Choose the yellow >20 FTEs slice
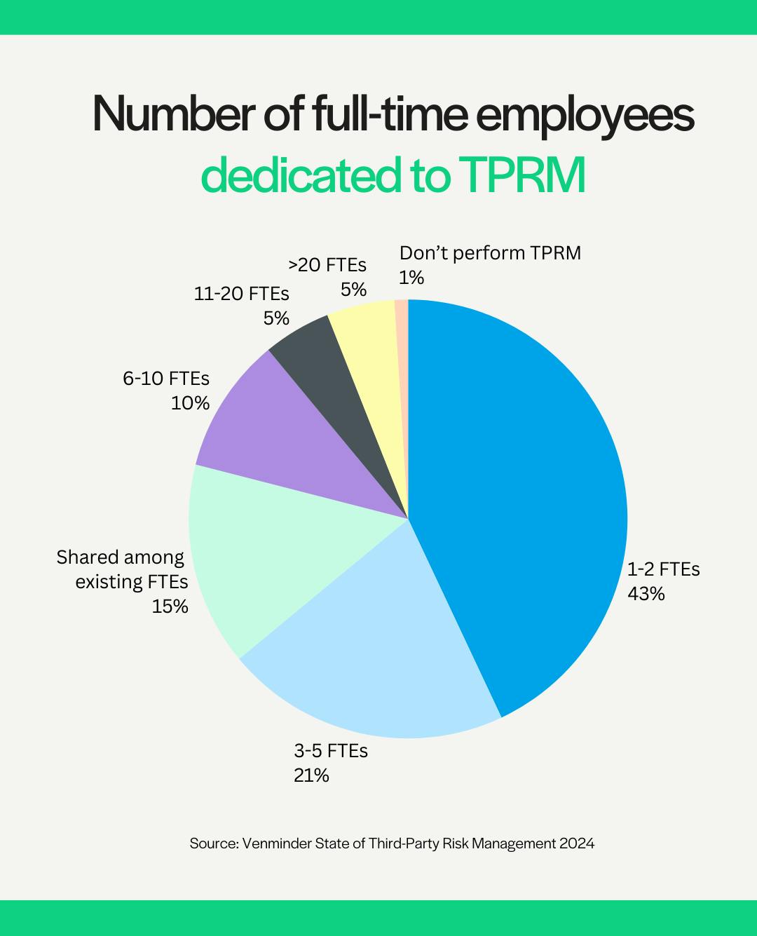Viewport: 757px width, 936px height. pyautogui.click(x=371, y=351)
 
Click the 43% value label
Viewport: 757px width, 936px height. pyautogui.click(x=646, y=594)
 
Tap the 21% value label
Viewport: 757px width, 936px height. pyautogui.click(x=311, y=775)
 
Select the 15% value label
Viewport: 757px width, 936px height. pyautogui.click(x=170, y=606)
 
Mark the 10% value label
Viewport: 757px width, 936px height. pyautogui.click(x=191, y=403)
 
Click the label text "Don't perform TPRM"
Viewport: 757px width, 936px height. pyautogui.click(x=490, y=253)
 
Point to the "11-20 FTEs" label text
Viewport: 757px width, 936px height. pyautogui.click(x=242, y=294)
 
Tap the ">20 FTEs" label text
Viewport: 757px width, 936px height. pyautogui.click(x=327, y=265)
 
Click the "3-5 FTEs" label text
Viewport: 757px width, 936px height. pyautogui.click(x=331, y=751)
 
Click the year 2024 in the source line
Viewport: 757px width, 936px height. pyautogui.click(x=576, y=843)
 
